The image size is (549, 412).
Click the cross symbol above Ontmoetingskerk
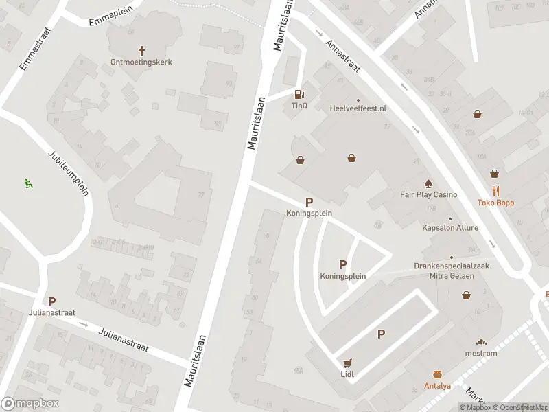pyautogui.click(x=142, y=51)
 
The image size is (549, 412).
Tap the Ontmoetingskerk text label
pyautogui.click(x=141, y=62)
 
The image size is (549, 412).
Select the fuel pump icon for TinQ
pyautogui.click(x=299, y=95)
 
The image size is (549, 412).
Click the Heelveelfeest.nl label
pyautogui.click(x=358, y=108)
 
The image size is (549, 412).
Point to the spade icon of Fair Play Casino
pyautogui.click(x=428, y=183)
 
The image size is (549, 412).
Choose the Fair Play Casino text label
pyautogui.click(x=428, y=194)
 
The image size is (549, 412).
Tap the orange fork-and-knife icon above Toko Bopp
pyautogui.click(x=495, y=192)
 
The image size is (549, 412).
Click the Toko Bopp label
pyautogui.click(x=495, y=203)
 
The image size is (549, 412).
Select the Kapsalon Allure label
pyautogui.click(x=450, y=227)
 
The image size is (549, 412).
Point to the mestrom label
pyautogui.click(x=481, y=353)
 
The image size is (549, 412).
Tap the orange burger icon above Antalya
pyautogui.click(x=437, y=375)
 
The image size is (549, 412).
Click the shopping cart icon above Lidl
pyautogui.click(x=347, y=363)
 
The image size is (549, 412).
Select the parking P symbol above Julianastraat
pyautogui.click(x=51, y=301)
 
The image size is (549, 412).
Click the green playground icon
pyautogui.click(x=28, y=183)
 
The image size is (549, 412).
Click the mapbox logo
pyautogui.click(x=30, y=404)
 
